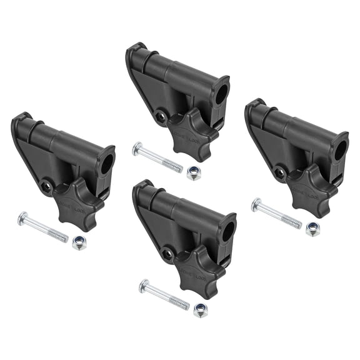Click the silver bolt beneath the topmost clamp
tap(157, 158)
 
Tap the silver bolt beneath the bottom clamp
tap(164, 295)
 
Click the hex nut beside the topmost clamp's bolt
tap(194, 173)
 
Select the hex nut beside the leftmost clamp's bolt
tap(79, 243)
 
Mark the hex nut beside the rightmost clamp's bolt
tap(312, 229)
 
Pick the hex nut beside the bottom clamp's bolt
tap(201, 311)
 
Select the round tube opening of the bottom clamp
tap(227, 232)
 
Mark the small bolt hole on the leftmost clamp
tap(46, 186)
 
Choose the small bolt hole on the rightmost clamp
tap(280, 172)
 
